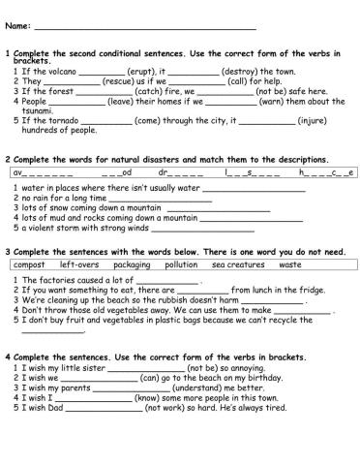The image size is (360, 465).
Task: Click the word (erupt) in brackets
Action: (143, 72)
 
